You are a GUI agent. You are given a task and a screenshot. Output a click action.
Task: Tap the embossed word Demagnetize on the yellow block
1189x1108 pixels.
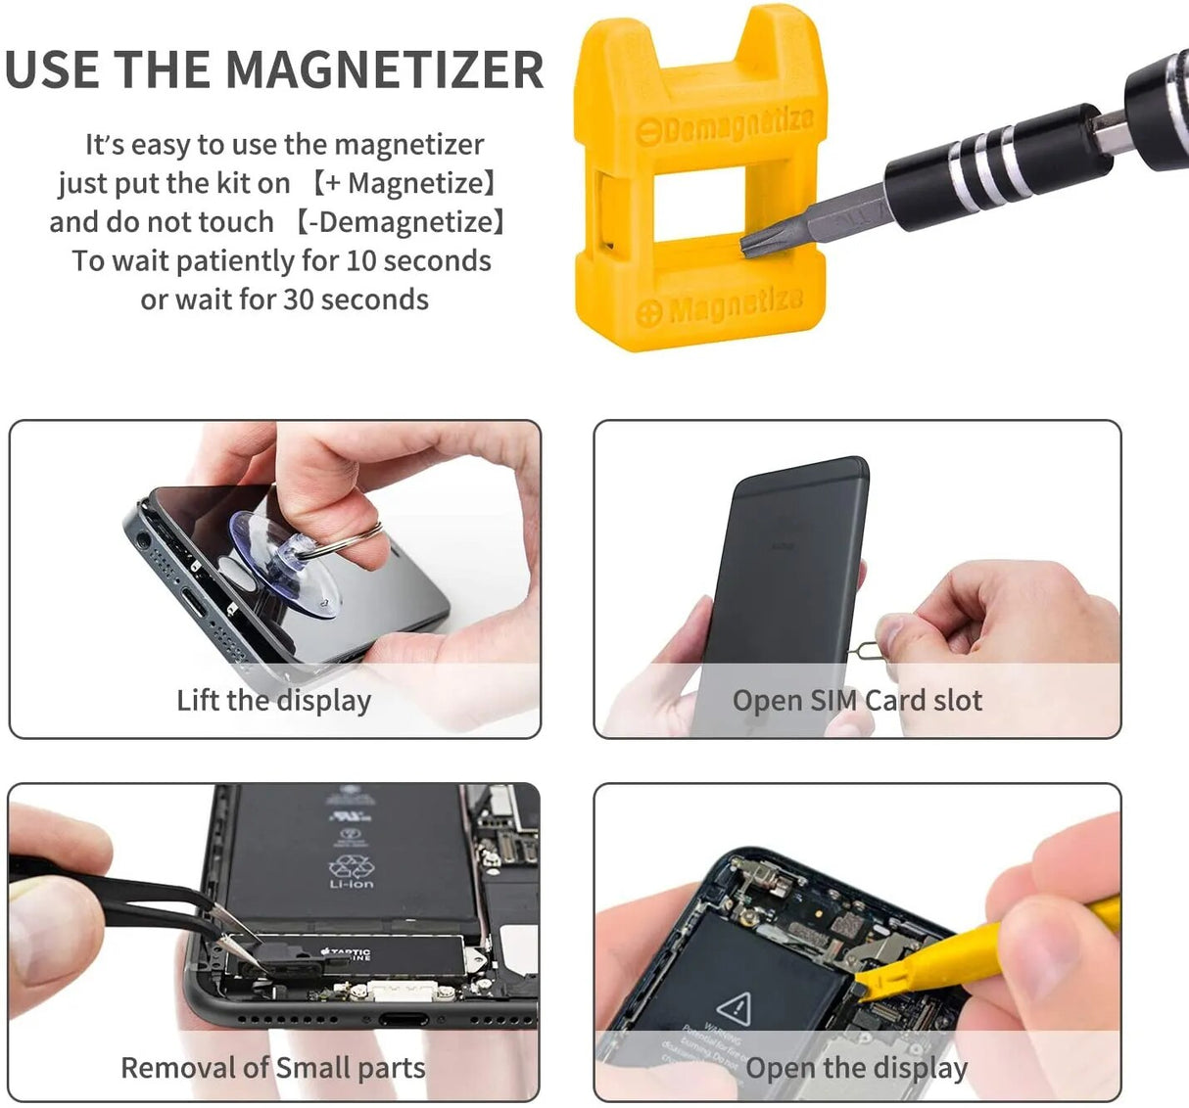737,124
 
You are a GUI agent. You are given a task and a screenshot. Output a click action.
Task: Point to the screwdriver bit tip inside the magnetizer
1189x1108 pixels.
753,241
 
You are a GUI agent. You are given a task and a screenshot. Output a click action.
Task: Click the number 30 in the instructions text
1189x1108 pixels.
299,300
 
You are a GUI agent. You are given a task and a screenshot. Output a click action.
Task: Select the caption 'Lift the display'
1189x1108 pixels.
273,701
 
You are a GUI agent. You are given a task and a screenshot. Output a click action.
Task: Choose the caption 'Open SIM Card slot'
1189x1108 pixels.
857,701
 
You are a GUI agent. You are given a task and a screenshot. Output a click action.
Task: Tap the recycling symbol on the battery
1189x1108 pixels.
350,865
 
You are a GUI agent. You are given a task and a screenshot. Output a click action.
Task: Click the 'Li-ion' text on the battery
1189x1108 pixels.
351,884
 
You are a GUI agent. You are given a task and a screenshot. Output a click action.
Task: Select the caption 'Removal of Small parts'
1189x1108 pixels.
272,1068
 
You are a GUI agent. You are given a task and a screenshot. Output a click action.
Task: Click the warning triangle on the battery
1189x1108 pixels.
733,1008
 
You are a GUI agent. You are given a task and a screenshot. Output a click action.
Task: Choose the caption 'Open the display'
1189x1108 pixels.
856,1068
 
